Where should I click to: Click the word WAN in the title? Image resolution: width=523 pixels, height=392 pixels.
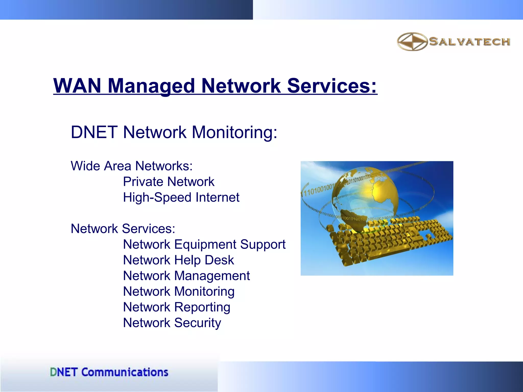pyautogui.click(x=77, y=86)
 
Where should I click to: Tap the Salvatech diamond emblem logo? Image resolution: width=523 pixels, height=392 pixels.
pyautogui.click(x=412, y=42)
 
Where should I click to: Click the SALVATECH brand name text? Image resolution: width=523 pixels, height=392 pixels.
pyautogui.click(x=469, y=42)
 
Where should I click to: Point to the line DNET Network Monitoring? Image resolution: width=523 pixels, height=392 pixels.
pyautogui.click(x=174, y=132)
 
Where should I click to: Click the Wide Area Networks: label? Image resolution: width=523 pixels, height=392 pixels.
pyautogui.click(x=132, y=166)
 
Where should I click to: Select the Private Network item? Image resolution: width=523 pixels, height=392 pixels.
pyautogui.click(x=169, y=182)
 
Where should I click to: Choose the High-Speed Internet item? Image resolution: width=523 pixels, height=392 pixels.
pyautogui.click(x=181, y=197)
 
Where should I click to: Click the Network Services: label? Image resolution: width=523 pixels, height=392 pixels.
pyautogui.click(x=123, y=229)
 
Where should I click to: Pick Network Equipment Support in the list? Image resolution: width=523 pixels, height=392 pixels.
pyautogui.click(x=204, y=244)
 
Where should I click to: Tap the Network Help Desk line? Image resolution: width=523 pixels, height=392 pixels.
pyautogui.click(x=178, y=260)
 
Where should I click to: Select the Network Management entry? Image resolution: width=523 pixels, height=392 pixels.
pyautogui.click(x=186, y=276)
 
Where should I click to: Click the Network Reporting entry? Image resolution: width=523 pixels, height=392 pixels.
pyautogui.click(x=176, y=307)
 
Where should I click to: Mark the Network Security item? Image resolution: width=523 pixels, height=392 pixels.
pyautogui.click(x=172, y=323)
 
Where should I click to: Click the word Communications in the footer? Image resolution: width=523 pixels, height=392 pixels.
pyautogui.click(x=125, y=372)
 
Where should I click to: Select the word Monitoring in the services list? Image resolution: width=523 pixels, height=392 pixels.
pyautogui.click(x=204, y=291)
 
